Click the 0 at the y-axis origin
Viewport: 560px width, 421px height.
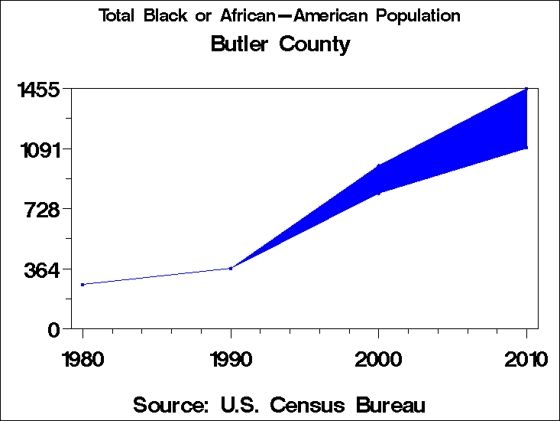pos(53,330)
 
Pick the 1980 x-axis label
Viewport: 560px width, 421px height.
pos(83,360)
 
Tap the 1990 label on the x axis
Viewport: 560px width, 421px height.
pos(231,360)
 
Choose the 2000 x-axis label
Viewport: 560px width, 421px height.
pos(379,360)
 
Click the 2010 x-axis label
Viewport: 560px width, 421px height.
pos(526,360)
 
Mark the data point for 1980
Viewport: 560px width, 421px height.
pos(83,285)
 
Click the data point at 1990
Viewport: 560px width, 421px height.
pos(231,268)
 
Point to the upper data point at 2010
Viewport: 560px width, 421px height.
pos(526,89)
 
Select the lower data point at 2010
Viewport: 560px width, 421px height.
pos(526,147)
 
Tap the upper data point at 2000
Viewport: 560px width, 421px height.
pos(379,165)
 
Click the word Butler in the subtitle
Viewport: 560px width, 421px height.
pos(238,44)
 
